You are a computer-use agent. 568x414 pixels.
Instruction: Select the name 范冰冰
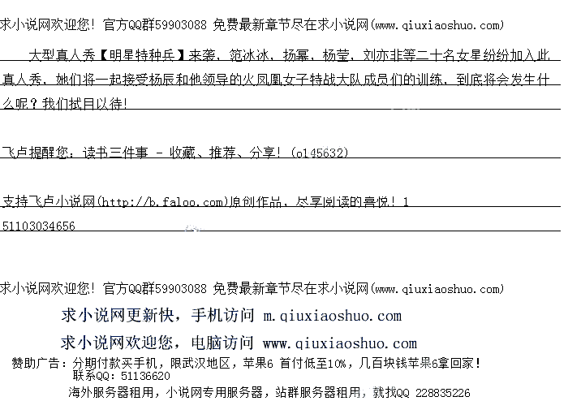click(x=247, y=56)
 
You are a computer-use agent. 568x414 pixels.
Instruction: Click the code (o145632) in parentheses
click(x=320, y=152)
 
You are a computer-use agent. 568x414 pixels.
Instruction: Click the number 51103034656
click(x=39, y=226)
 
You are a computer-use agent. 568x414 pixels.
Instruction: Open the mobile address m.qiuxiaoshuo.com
click(x=332, y=316)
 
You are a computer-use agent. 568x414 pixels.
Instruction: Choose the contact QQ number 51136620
click(x=145, y=377)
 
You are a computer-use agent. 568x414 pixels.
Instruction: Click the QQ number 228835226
click(x=442, y=393)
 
